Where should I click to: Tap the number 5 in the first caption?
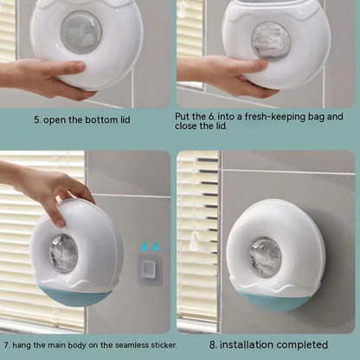[x=36, y=120]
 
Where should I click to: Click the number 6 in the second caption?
[x=211, y=117]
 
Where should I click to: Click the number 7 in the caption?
[x=6, y=345]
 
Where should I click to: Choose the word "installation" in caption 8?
[x=247, y=344]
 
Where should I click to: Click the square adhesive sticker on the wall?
[x=150, y=270]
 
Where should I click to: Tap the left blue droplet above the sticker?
[x=144, y=247]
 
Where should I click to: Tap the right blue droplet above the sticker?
[x=156, y=247]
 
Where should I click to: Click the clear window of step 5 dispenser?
[x=80, y=32]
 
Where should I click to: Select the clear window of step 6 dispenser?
[x=270, y=41]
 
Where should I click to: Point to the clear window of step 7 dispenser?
[x=63, y=254]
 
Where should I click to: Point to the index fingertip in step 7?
[x=60, y=222]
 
